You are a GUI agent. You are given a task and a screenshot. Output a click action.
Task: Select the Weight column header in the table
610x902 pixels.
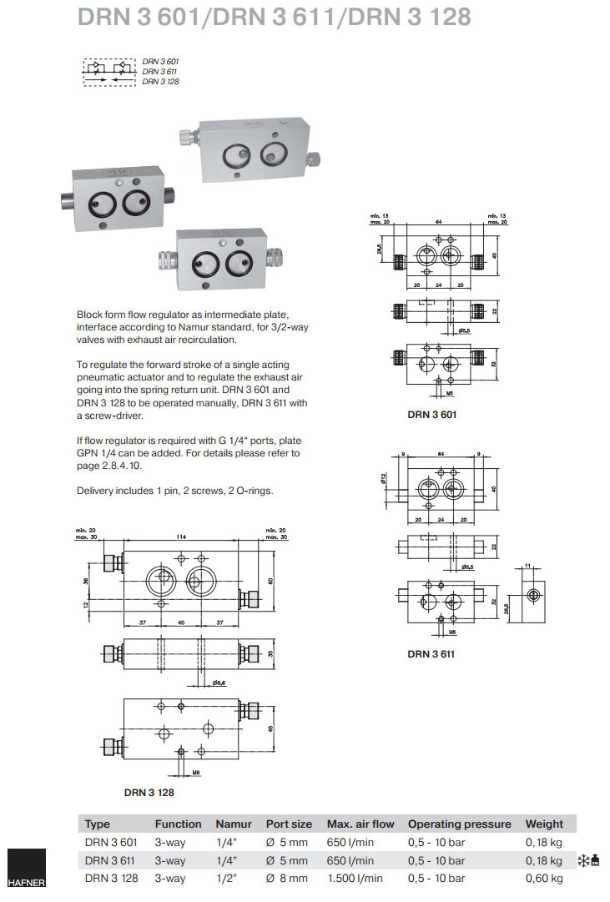coord(544,824)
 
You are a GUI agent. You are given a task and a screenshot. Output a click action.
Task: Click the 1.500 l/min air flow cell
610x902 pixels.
coord(355,878)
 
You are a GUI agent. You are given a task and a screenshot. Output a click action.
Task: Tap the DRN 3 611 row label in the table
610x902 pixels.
coord(110,860)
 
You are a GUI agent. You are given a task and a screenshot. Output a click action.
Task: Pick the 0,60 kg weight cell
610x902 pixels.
coord(544,878)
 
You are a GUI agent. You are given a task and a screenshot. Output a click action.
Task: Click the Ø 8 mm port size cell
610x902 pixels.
coord(286,878)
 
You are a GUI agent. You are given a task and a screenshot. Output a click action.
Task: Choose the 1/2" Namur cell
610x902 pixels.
coord(225,878)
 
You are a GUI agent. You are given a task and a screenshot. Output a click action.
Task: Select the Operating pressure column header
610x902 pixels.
coord(459,824)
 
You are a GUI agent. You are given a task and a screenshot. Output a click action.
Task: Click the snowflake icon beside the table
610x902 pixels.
coord(583,860)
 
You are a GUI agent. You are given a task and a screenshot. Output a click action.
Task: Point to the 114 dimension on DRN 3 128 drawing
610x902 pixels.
coord(181,537)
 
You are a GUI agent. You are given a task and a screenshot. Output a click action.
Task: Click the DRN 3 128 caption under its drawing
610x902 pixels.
coord(149,792)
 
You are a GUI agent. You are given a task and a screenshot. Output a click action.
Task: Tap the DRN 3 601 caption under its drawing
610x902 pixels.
coord(433,414)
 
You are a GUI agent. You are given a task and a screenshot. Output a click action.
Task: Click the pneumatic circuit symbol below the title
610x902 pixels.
coord(108,71)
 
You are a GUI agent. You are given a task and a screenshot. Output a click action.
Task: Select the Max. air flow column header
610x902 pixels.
coord(360,824)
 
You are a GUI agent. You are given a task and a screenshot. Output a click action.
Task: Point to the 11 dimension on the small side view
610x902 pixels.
coord(527,567)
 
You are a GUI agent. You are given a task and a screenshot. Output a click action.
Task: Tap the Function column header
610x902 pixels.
coord(178,824)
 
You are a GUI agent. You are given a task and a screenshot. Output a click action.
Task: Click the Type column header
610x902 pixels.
coord(98,824)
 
